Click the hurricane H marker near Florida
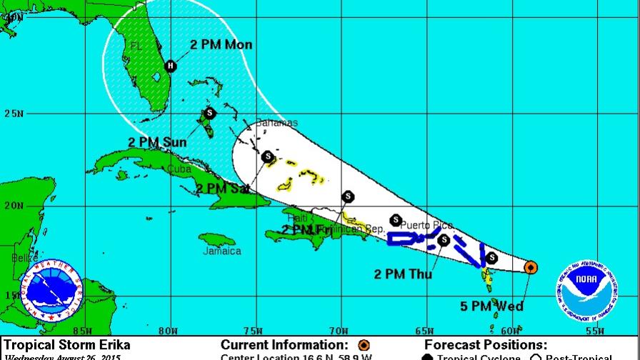(170, 66)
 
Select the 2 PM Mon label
(221, 45)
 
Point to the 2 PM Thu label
(403, 272)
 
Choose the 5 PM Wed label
(492, 307)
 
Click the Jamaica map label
(221, 251)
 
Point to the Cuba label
(181, 169)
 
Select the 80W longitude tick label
(169, 330)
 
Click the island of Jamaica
(219, 239)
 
